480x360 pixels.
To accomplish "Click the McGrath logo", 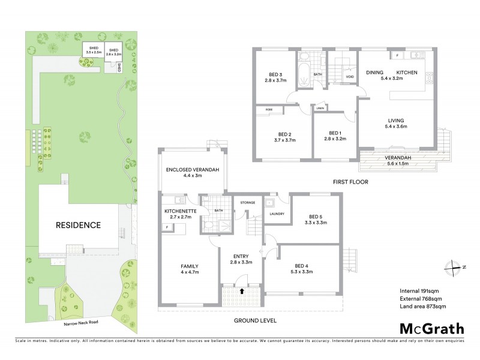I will [431, 328].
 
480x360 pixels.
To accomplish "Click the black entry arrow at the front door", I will [242, 290].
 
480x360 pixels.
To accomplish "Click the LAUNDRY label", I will [277, 213].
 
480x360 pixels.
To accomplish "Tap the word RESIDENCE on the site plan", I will [79, 226].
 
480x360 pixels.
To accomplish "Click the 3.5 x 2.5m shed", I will [93, 50].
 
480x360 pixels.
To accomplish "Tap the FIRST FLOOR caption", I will [351, 181].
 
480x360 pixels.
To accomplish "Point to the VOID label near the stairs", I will [350, 77].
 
